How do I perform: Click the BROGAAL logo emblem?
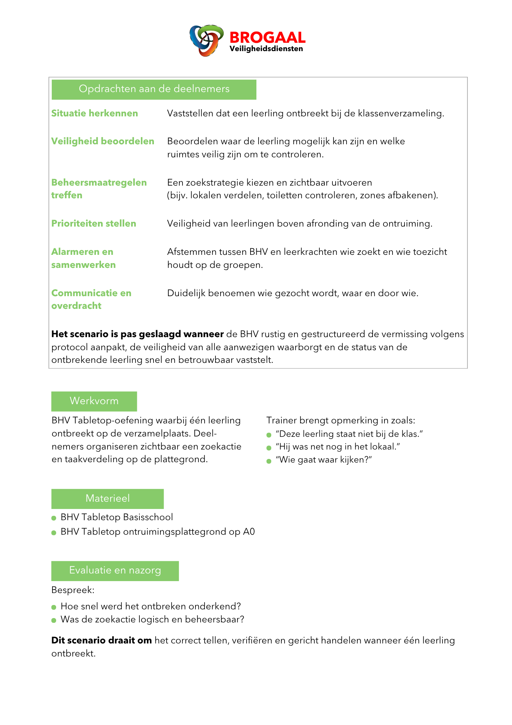click(206, 40)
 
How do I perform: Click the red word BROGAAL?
click(267, 38)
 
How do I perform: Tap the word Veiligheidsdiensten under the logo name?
click(266, 49)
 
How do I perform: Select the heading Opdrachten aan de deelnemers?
click(154, 89)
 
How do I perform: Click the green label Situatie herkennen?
click(95, 113)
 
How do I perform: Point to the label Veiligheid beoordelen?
click(103, 141)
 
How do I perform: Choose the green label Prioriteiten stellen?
click(94, 224)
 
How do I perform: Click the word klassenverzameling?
click(400, 114)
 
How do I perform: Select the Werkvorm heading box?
click(94, 401)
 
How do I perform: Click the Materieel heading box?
click(108, 499)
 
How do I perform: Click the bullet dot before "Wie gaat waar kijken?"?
click(269, 461)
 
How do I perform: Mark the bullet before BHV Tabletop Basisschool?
click(54, 518)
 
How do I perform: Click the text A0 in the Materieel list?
click(249, 532)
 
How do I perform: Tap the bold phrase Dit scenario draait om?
click(101, 641)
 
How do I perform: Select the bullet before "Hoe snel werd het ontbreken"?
click(54, 607)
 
